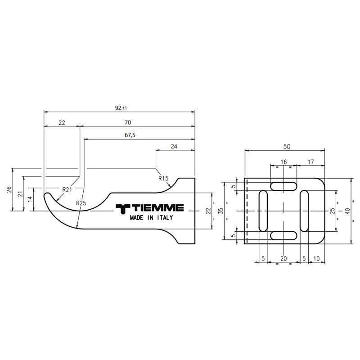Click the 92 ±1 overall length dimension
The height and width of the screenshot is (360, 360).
point(121,108)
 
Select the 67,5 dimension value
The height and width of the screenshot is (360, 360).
point(130,135)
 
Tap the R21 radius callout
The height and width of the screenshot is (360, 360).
point(67,189)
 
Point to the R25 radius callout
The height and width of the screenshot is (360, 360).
point(81,203)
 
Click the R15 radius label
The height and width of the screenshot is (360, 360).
point(163,178)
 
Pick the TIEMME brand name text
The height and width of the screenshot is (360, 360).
point(150,208)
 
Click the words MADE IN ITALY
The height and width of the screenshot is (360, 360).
point(152,217)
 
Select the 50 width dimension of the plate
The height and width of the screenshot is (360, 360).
point(287,147)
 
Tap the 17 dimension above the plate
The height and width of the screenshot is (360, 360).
point(310,162)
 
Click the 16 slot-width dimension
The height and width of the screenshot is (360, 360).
point(284,162)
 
